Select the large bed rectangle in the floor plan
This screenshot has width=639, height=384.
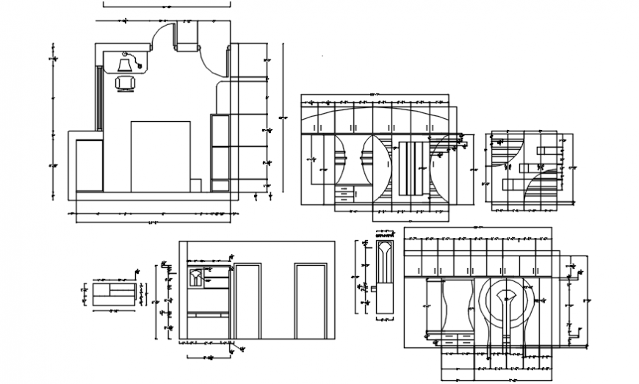click(160, 156)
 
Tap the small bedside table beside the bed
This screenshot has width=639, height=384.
click(196, 184)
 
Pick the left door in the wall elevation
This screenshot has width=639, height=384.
click(248, 301)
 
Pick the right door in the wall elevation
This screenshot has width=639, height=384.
click(311, 301)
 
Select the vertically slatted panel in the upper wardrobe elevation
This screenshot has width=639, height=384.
click(412, 168)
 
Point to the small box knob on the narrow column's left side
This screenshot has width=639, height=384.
click(372, 289)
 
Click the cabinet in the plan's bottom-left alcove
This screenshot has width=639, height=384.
click(89, 164)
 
